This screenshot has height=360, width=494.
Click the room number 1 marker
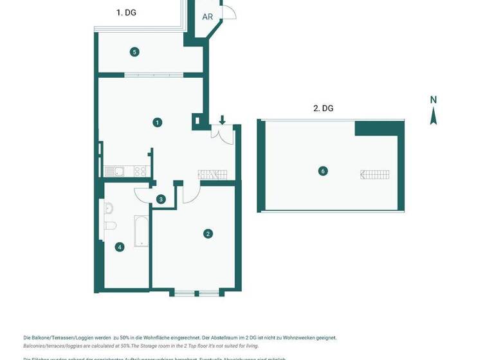[158, 122]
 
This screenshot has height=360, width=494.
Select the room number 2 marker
[208, 234]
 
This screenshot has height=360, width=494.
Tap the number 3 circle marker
[161, 199]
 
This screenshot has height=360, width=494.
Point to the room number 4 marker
[120, 247]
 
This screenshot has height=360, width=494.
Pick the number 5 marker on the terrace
[134, 52]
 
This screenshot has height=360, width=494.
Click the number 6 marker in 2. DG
[323, 171]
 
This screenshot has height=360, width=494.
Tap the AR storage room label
[207, 17]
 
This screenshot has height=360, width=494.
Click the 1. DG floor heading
[126, 12]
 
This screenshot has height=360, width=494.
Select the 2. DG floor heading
[323, 109]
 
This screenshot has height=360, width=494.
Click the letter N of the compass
[434, 100]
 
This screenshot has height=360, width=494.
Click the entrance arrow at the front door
[222, 120]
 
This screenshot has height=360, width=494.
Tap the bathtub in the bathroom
[142, 231]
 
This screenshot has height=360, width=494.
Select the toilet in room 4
[110, 226]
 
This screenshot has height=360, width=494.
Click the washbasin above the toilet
[109, 208]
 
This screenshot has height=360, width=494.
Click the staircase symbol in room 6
[376, 174]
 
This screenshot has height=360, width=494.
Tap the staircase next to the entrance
[213, 174]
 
